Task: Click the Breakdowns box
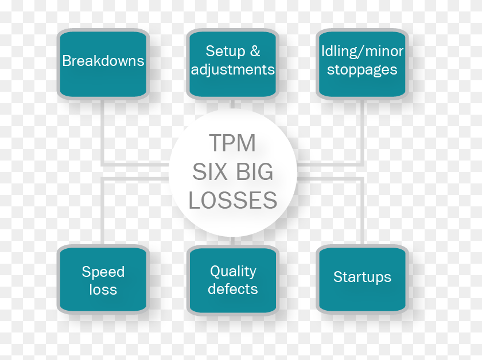tap(103, 64)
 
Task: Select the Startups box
tap(362, 280)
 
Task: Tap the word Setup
tap(226, 51)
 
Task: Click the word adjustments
tap(233, 70)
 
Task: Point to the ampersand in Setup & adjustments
tap(255, 51)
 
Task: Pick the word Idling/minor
tap(362, 51)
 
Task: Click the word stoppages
tap(362, 70)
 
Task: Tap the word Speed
tap(103, 272)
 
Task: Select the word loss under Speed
tap(103, 289)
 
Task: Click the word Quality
tap(233, 272)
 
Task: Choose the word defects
tap(233, 289)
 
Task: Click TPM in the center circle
tap(232, 143)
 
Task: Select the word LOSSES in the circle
tap(233, 200)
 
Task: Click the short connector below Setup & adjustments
tap(233, 104)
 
